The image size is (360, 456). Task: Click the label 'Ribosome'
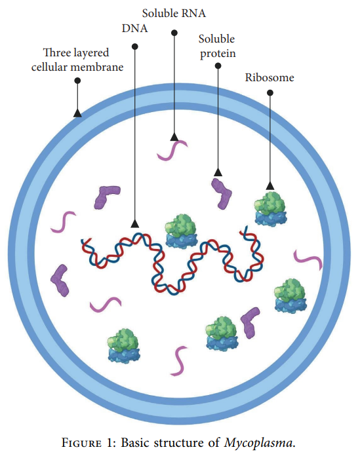(x=270, y=77)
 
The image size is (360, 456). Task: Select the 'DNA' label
(x=134, y=29)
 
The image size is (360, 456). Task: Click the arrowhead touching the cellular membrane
(x=77, y=113)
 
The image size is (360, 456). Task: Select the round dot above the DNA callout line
(x=134, y=47)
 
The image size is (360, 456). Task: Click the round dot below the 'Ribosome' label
(x=270, y=93)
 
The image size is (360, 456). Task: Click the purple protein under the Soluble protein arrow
(x=222, y=193)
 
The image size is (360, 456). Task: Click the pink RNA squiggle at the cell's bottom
(x=178, y=361)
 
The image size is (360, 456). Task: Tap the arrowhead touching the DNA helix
(x=134, y=223)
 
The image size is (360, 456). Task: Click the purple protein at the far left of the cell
(x=62, y=280)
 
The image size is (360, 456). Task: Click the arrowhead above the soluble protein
(x=218, y=172)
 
